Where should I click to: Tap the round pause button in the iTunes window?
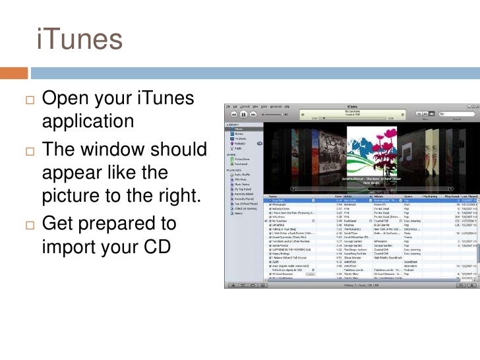click(x=243, y=114)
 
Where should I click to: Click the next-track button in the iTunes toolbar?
click(x=253, y=114)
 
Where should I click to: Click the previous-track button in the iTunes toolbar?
click(x=233, y=114)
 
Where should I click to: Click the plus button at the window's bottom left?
click(x=231, y=286)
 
